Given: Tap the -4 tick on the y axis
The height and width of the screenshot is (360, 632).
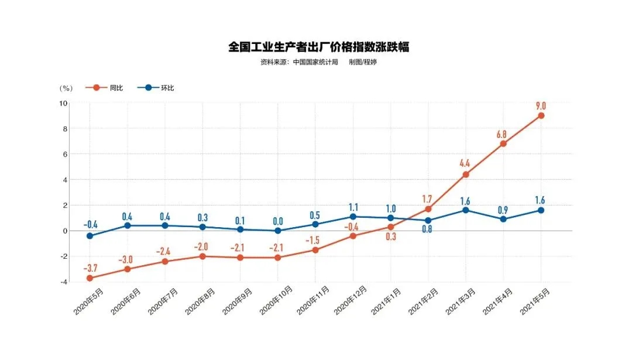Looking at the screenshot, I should tap(63, 282).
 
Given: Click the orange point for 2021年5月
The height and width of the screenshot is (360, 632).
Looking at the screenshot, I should tap(541, 115).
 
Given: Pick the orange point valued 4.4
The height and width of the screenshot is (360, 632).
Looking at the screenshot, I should tap(466, 174).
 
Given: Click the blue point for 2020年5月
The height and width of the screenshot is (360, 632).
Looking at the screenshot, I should tap(90, 236).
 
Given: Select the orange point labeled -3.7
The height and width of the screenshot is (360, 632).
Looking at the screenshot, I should tap(90, 278).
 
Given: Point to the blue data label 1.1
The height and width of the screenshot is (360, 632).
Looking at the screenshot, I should tap(353, 207).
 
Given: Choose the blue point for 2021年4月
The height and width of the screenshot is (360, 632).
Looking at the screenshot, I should tap(503, 219).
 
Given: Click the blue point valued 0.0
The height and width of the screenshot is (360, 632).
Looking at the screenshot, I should tap(277, 231).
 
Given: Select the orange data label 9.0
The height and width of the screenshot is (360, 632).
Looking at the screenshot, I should tap(541, 105).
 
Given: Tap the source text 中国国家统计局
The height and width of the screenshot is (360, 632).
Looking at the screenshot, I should tap(315, 62).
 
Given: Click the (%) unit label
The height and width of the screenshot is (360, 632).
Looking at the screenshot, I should tap(66, 88).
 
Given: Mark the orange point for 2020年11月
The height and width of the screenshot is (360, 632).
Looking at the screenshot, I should tap(315, 250).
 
